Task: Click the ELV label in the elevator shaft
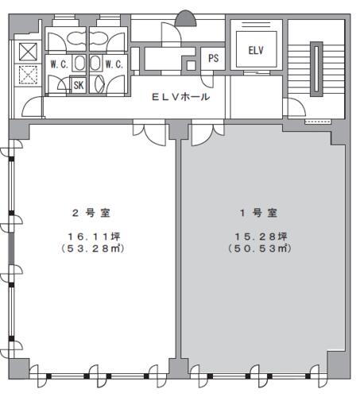pos(255,50)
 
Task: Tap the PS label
pos(214,58)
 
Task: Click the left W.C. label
pos(58,64)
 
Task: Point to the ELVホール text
pos(180,97)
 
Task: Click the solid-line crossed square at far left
pos(26,50)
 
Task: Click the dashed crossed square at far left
pos(26,76)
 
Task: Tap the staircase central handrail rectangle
pos(315,69)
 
